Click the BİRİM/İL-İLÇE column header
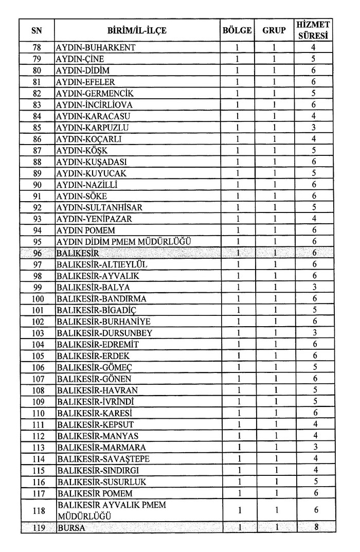pyautogui.click(x=137, y=30)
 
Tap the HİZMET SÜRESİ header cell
pyautogui.click(x=314, y=30)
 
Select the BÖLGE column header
pyautogui.click(x=237, y=30)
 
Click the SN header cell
pyautogui.click(x=37, y=30)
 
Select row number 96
pyautogui.click(x=37, y=253)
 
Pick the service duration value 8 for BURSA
pyautogui.click(x=314, y=527)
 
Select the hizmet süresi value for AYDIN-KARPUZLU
pyautogui.click(x=314, y=127)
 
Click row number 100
pyautogui.click(x=37, y=299)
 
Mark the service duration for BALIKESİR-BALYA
pyautogui.click(x=314, y=287)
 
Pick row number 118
pyautogui.click(x=37, y=510)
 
